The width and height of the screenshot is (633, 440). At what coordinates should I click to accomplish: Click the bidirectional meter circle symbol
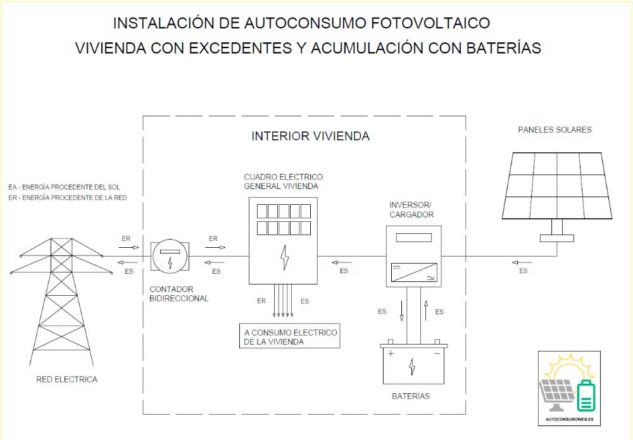click(170, 256)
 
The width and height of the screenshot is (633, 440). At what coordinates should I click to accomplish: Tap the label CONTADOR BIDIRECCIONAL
click(179, 293)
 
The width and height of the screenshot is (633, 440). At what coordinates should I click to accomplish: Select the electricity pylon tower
click(58, 297)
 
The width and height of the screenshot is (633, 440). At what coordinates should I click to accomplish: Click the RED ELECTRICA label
click(67, 379)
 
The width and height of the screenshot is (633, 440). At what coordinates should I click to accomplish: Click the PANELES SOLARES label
click(555, 130)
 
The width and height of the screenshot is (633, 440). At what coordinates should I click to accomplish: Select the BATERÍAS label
click(411, 396)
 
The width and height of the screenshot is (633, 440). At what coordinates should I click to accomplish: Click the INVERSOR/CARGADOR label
click(411, 209)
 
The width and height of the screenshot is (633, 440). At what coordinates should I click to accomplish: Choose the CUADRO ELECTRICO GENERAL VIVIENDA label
click(283, 181)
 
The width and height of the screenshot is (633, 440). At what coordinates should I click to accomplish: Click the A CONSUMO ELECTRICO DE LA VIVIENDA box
click(291, 336)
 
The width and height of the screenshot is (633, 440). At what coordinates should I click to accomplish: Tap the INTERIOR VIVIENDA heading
click(310, 136)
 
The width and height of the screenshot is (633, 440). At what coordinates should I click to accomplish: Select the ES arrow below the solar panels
click(523, 262)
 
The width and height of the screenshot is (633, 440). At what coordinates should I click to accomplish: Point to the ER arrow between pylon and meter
click(126, 247)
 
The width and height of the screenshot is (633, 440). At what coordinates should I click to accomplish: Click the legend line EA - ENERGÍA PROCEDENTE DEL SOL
click(63, 187)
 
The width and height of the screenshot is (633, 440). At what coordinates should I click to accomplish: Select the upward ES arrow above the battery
click(427, 310)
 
